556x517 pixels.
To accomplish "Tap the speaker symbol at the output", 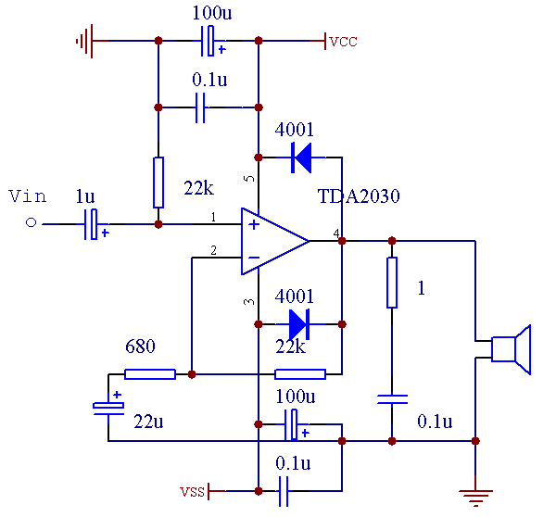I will pyautogui.click(x=511, y=349).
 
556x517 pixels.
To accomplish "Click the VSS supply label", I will pyautogui.click(x=193, y=489).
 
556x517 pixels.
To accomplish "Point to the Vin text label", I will pyautogui.click(x=27, y=195).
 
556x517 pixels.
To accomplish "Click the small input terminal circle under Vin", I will pyautogui.click(x=31, y=223).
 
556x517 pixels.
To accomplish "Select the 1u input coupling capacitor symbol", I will pyautogui.click(x=92, y=224).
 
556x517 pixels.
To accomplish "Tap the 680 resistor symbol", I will pyautogui.click(x=150, y=374).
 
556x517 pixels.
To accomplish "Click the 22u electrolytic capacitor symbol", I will pyautogui.click(x=108, y=406).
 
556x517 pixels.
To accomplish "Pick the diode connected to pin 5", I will pyautogui.click(x=300, y=157).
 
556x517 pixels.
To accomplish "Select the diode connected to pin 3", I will pyautogui.click(x=298, y=324).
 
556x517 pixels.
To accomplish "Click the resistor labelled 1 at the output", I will pyautogui.click(x=392, y=283).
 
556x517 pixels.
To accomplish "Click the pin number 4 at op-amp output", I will pyautogui.click(x=335, y=233).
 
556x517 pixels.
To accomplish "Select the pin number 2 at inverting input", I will pyautogui.click(x=213, y=250).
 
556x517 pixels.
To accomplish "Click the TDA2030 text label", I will pyautogui.click(x=359, y=196).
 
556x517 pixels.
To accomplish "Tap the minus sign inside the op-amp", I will pyautogui.click(x=253, y=257).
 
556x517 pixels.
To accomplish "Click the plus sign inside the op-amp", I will pyautogui.click(x=253, y=224).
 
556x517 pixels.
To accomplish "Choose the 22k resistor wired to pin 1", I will pyautogui.click(x=158, y=183).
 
